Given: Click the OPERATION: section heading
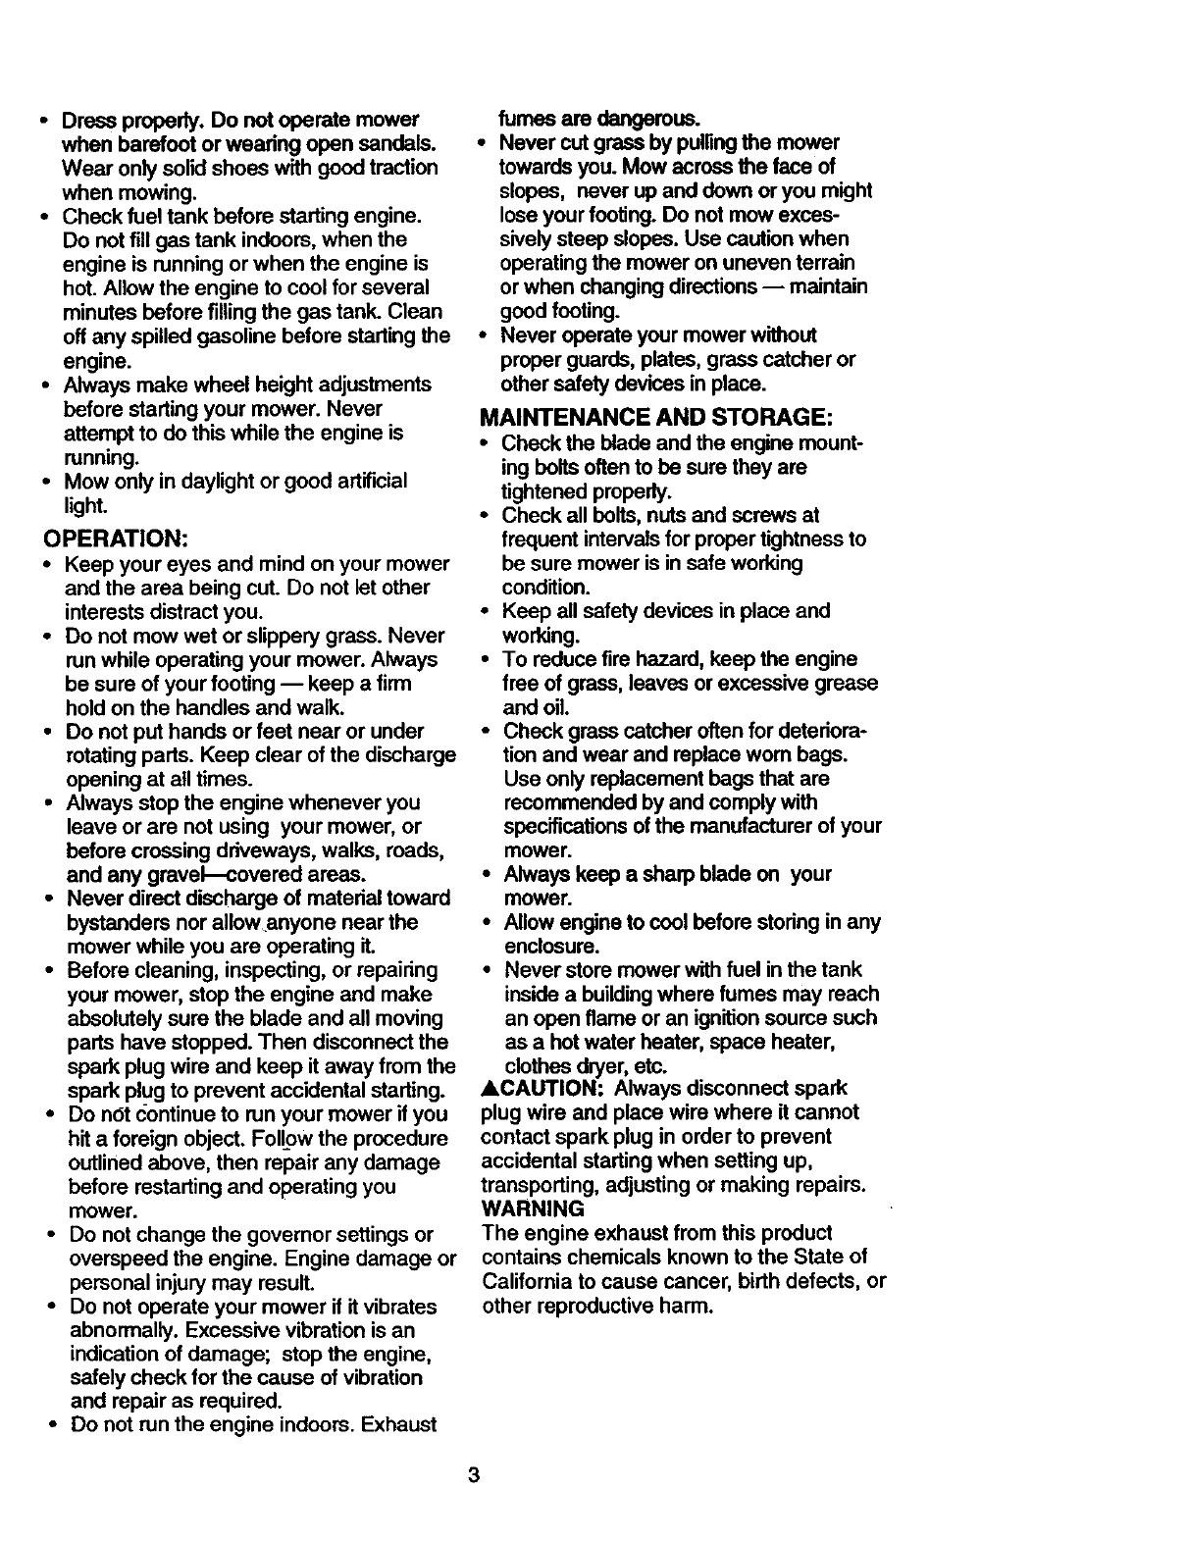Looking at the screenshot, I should click(115, 539).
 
